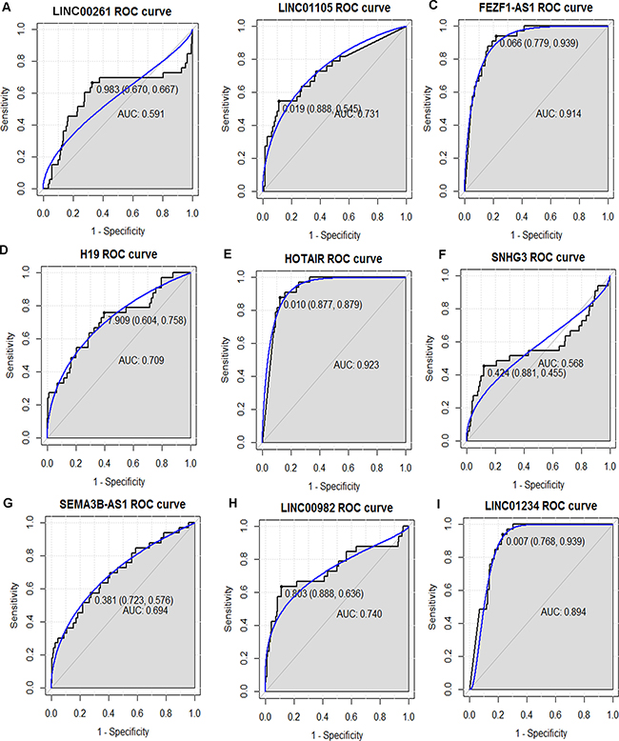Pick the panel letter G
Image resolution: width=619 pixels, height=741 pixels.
(x=8, y=500)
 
